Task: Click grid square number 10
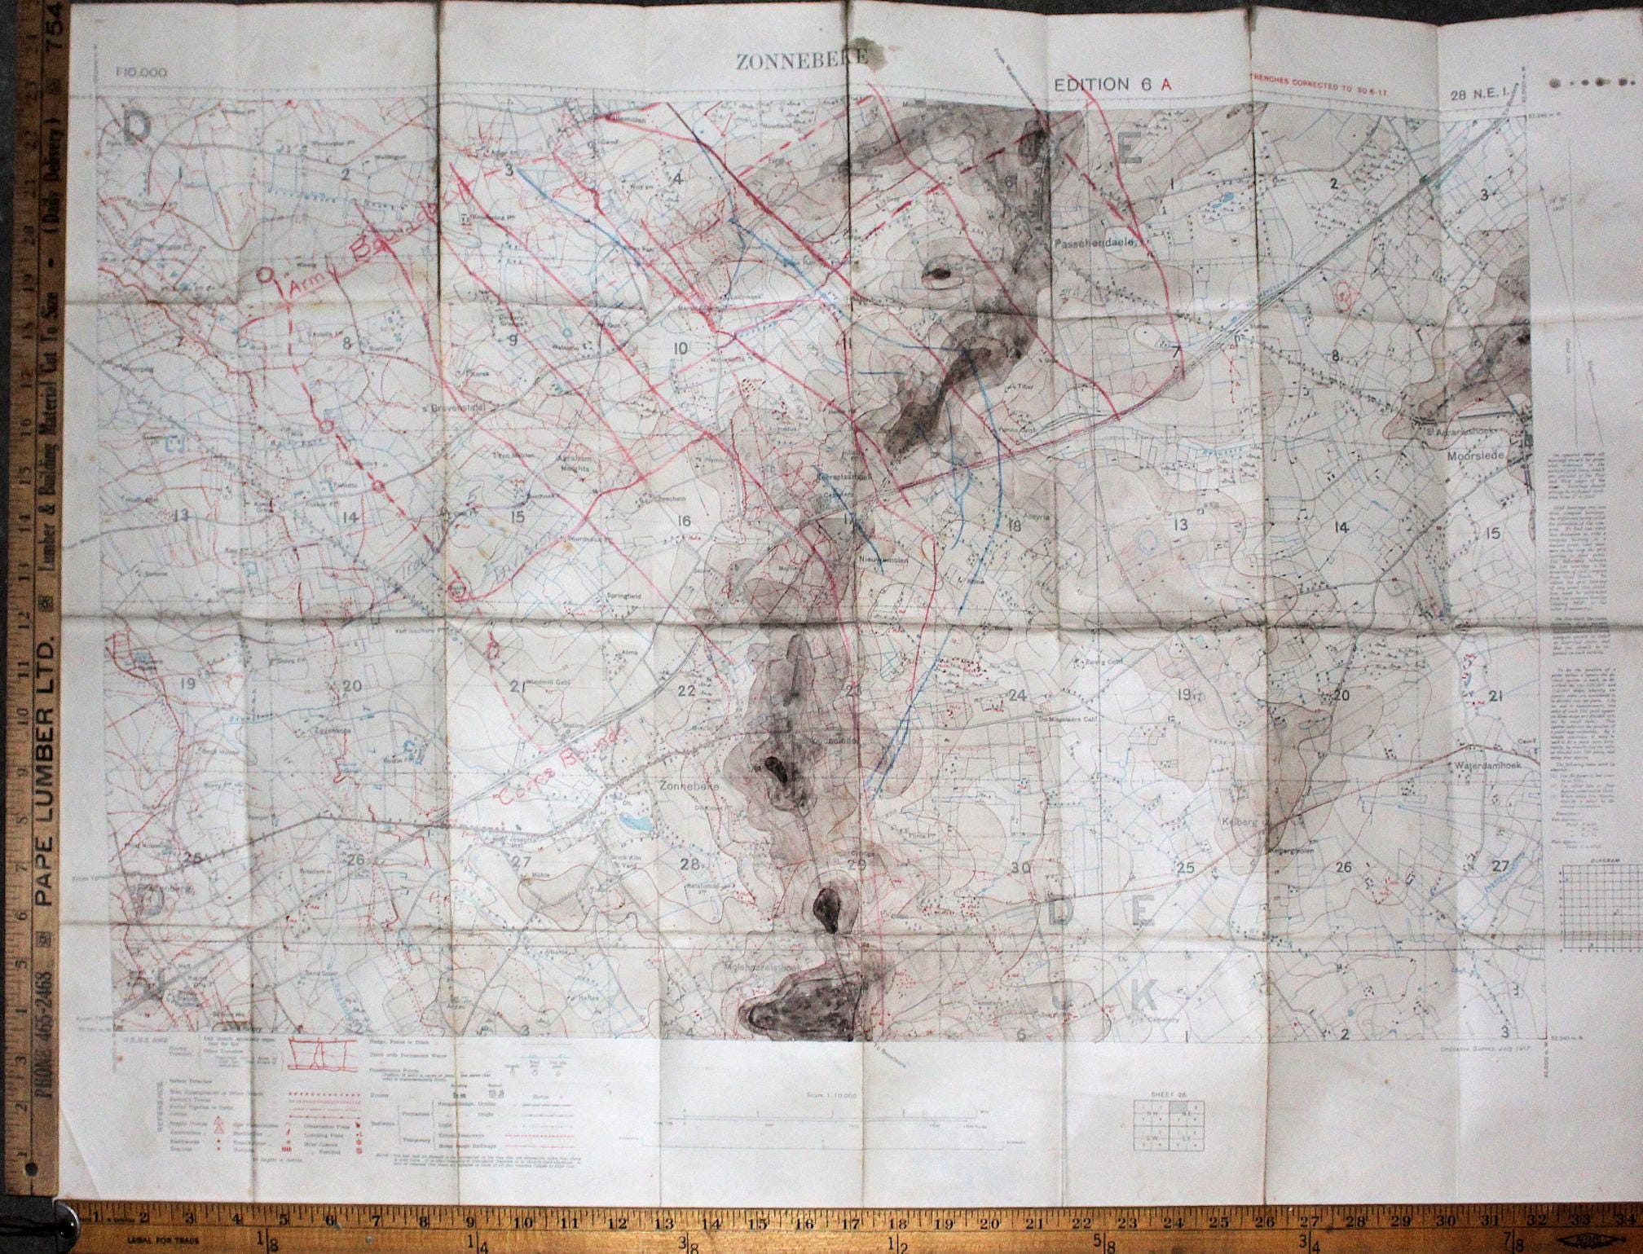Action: (681, 349)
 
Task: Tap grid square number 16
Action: (683, 521)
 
